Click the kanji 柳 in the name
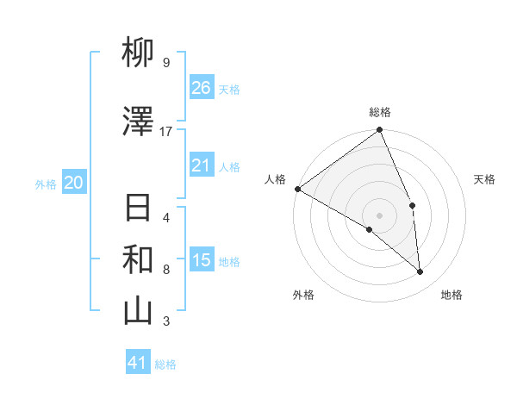click(x=139, y=54)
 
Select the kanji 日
click(x=139, y=209)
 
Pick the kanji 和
click(x=139, y=259)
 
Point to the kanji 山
click(x=139, y=311)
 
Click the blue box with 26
click(x=202, y=88)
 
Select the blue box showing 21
click(x=202, y=165)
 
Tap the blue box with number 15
click(x=202, y=260)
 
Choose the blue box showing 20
click(x=74, y=183)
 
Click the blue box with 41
click(x=139, y=363)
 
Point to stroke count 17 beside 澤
click(x=166, y=132)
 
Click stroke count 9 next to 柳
click(x=166, y=63)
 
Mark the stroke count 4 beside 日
click(x=166, y=217)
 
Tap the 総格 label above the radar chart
click(x=380, y=112)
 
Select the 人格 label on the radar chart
click(x=276, y=179)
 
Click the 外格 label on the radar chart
click(x=303, y=295)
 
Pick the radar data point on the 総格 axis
click(x=380, y=131)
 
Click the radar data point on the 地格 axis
click(x=420, y=271)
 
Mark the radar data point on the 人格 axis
click(x=297, y=189)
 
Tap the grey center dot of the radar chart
click(x=380, y=215)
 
